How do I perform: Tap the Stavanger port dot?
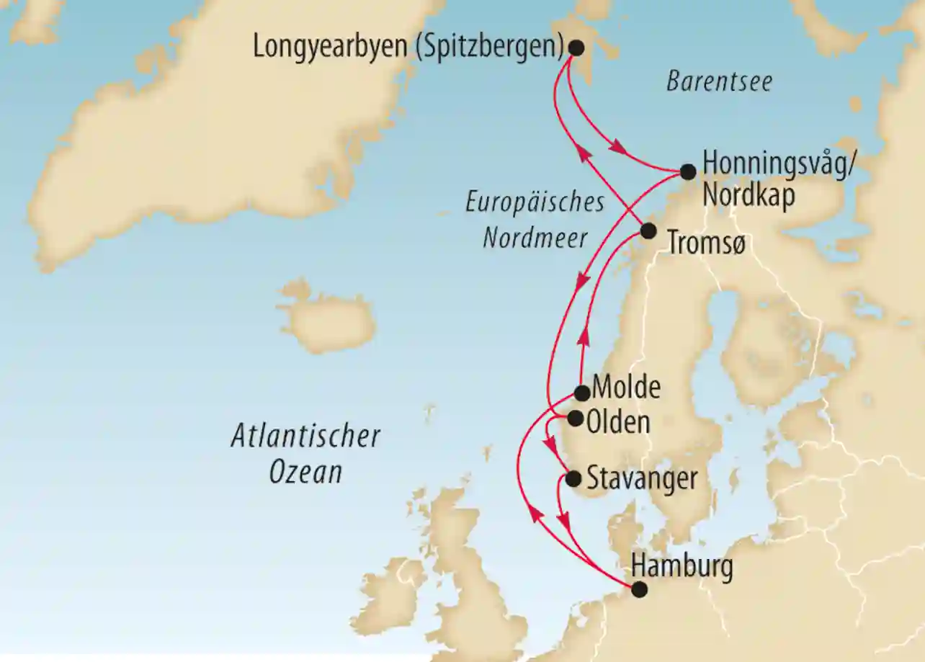[573, 478]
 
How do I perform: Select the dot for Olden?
[576, 418]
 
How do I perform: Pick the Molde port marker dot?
[582, 393]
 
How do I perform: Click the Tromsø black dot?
[648, 231]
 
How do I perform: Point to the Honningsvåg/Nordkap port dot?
[688, 171]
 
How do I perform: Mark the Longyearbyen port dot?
[576, 48]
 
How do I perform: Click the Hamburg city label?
[682, 566]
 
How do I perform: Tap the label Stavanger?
[642, 479]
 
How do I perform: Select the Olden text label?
[618, 421]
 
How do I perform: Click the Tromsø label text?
[706, 243]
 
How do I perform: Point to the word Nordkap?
[749, 195]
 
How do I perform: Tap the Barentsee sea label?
[719, 81]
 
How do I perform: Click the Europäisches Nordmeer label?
[535, 220]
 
